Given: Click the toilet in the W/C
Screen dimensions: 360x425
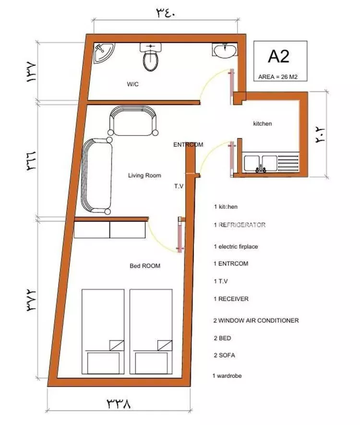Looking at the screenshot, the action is pyautogui.click(x=151, y=57).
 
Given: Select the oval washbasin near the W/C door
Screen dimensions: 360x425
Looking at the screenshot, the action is pyautogui.click(x=225, y=50).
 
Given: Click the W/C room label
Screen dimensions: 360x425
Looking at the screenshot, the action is pyautogui.click(x=132, y=84).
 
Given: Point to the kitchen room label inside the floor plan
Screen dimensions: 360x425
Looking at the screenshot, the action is pyautogui.click(x=263, y=124).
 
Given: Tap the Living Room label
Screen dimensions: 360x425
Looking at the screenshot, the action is pyautogui.click(x=144, y=176).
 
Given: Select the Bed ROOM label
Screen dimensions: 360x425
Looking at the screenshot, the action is pyautogui.click(x=145, y=266).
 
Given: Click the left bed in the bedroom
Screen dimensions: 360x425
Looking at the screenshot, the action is pyautogui.click(x=103, y=332).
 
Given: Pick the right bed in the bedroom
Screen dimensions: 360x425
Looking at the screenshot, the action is pyautogui.click(x=151, y=332).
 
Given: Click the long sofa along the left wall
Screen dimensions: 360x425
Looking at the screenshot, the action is pyautogui.click(x=97, y=176).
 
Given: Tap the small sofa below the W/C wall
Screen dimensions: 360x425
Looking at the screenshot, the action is pyautogui.click(x=133, y=120).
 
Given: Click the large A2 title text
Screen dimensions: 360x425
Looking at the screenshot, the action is pyautogui.click(x=278, y=57).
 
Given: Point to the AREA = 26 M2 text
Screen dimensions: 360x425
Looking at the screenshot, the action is pyautogui.click(x=278, y=77).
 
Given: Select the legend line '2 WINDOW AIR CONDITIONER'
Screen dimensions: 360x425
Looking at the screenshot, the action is pyautogui.click(x=256, y=320).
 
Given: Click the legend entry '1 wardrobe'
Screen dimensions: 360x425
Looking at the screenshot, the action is pyautogui.click(x=227, y=376).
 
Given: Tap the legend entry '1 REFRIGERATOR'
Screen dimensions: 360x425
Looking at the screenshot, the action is pyautogui.click(x=240, y=224).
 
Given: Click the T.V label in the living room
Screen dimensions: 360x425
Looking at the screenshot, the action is pyautogui.click(x=179, y=186).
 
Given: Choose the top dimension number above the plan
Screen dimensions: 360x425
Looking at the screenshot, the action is pyautogui.click(x=166, y=13).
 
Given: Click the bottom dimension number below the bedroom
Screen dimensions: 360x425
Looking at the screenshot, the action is pyautogui.click(x=119, y=403).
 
